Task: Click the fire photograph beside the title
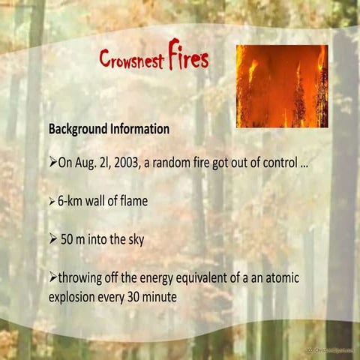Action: click(x=282, y=85)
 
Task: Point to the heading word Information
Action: click(x=142, y=129)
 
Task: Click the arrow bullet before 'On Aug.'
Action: click(x=53, y=163)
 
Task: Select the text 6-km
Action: click(x=73, y=201)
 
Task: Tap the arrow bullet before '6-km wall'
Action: click(x=52, y=201)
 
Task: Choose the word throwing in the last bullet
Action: click(x=82, y=279)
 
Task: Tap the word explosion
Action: click(x=77, y=297)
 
